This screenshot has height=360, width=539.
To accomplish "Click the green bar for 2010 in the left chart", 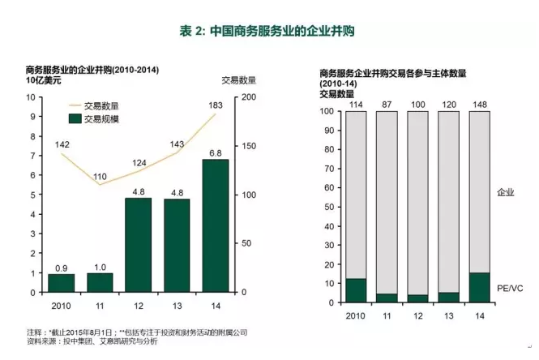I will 61,283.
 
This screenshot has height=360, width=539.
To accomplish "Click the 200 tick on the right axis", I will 246,97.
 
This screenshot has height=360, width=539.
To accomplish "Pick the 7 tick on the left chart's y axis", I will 31,156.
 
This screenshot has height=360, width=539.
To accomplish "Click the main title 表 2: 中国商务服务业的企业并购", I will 268,31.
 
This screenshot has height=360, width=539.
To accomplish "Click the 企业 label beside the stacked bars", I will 505,192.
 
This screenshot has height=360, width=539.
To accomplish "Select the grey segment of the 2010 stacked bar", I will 355,195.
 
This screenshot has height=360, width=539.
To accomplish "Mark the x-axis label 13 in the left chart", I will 177,304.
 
